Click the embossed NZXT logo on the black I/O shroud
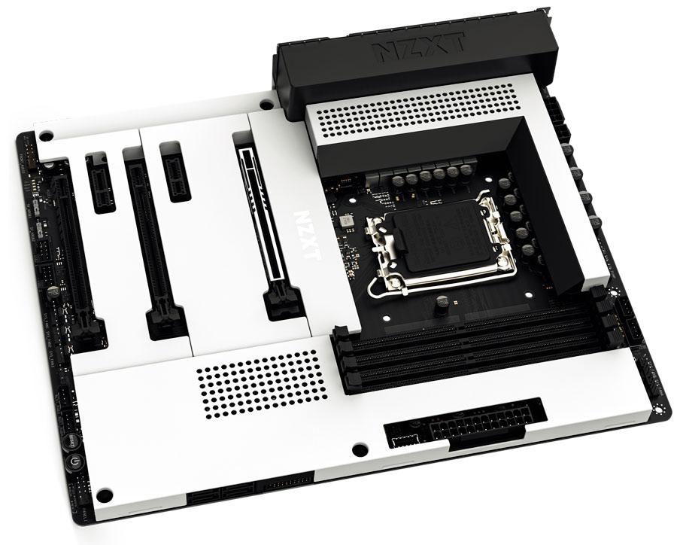[x=418, y=50]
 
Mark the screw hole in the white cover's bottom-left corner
[x=106, y=494]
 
